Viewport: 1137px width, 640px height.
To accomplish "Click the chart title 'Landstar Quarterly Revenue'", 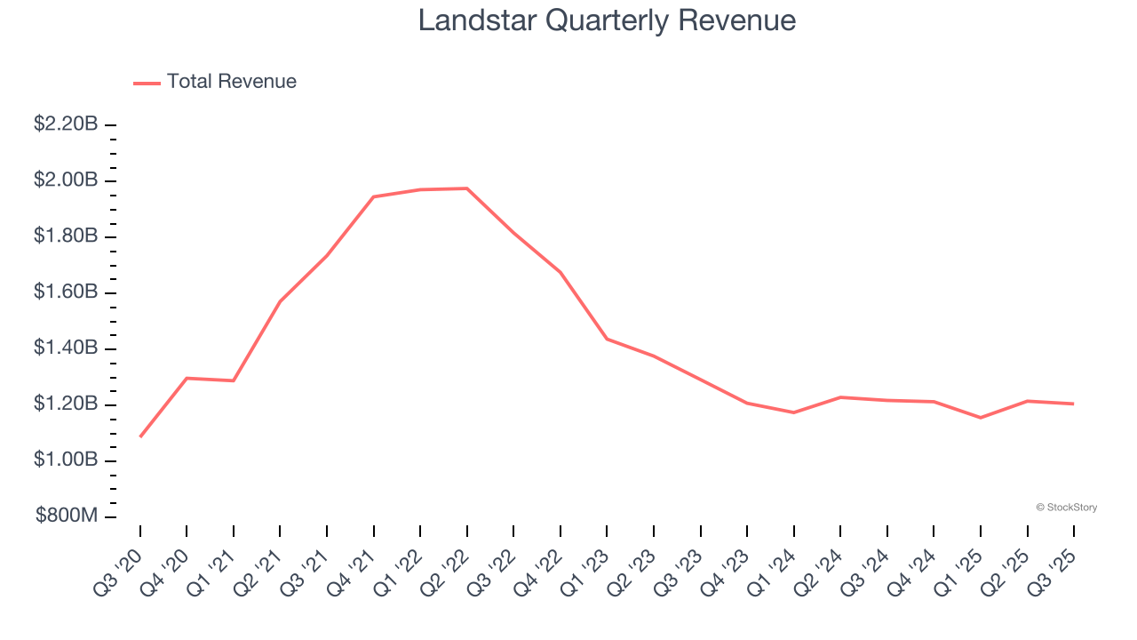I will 607,20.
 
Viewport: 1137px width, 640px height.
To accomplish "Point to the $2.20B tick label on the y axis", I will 66,125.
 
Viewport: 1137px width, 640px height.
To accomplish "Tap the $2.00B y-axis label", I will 66,180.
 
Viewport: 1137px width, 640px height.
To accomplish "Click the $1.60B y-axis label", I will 66,292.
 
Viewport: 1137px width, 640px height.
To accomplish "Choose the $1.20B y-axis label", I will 66,404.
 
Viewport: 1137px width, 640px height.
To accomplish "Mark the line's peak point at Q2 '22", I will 467,188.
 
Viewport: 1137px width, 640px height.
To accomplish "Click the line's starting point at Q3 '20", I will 140,436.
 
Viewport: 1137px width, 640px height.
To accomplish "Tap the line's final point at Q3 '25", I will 1074,404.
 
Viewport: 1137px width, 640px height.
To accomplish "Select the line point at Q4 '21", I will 374,196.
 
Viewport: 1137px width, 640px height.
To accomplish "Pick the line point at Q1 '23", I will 608,339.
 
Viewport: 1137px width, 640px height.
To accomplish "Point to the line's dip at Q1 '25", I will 981,418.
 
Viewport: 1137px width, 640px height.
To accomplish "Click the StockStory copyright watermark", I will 1066,508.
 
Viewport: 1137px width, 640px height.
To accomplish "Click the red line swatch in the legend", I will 147,83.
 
